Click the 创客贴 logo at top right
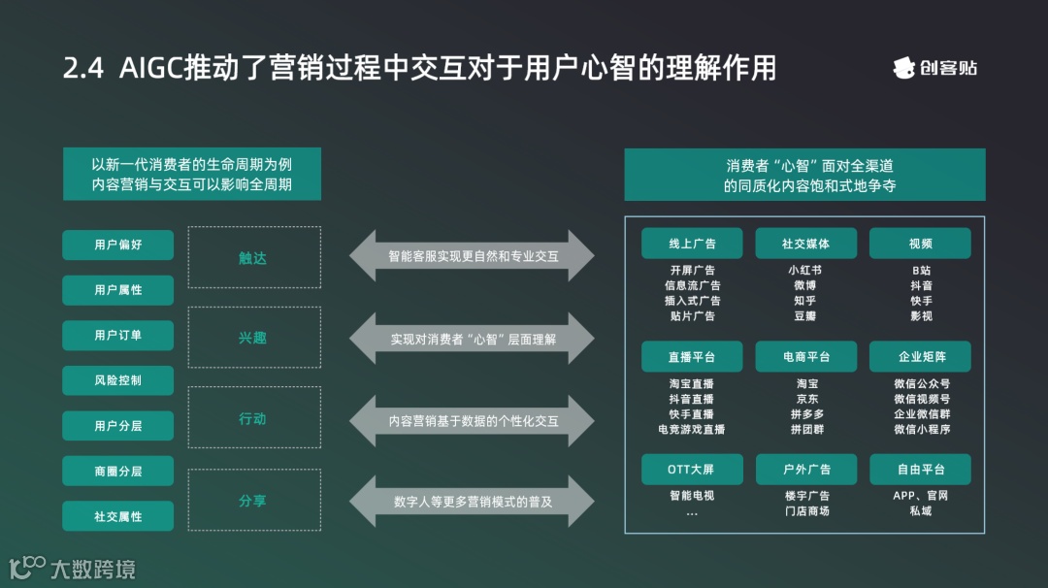click(x=935, y=68)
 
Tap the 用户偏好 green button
click(x=118, y=245)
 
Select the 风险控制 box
click(x=118, y=380)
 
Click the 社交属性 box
click(x=118, y=516)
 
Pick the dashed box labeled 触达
click(x=253, y=257)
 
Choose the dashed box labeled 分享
click(x=253, y=501)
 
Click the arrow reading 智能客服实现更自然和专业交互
click(x=473, y=256)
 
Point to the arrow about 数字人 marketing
click(x=473, y=502)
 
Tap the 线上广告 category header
click(x=692, y=244)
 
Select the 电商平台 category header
click(x=806, y=357)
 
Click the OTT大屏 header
click(x=692, y=470)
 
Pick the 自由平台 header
click(x=920, y=470)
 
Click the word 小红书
click(x=805, y=271)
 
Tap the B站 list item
click(x=921, y=271)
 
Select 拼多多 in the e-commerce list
click(x=806, y=413)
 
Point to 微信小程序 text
click(x=921, y=429)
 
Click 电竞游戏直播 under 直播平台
click(x=692, y=429)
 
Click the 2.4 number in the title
click(x=83, y=69)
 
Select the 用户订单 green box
click(x=118, y=335)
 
